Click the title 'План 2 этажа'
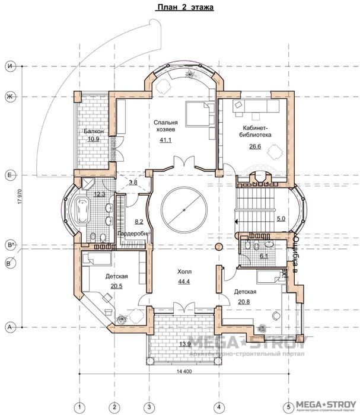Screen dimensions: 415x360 point(184,8)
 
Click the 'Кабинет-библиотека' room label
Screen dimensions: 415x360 point(257,131)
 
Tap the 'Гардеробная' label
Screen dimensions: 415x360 point(136,234)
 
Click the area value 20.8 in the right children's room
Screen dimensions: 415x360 point(244,301)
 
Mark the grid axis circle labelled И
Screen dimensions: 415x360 point(9,66)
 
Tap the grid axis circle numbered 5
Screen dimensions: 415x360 point(289,407)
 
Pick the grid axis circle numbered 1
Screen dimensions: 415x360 point(78,407)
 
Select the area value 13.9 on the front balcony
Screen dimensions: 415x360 point(184,344)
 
